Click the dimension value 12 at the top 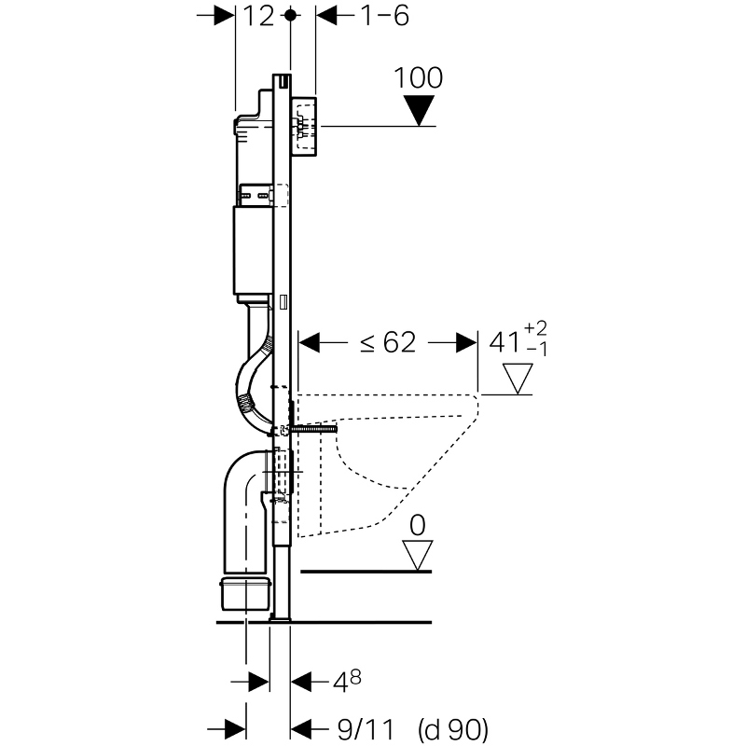(259, 16)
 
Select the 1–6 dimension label (385, 16)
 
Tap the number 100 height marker (418, 77)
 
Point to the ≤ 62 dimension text (388, 342)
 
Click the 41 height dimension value (504, 342)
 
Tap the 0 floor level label (417, 526)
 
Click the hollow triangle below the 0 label (417, 555)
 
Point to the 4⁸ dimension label (347, 681)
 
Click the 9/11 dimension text (366, 729)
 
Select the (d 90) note (453, 729)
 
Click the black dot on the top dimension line (291, 16)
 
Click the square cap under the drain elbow (245, 594)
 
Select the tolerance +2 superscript (535, 328)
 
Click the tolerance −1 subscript (537, 351)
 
